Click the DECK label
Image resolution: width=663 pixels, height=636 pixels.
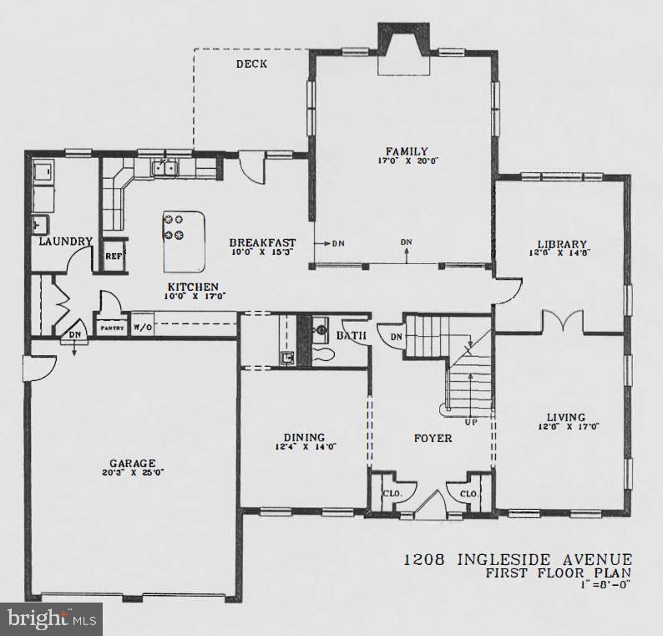click(251, 64)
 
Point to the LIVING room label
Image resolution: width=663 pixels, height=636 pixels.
click(565, 417)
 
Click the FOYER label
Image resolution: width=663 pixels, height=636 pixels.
click(433, 438)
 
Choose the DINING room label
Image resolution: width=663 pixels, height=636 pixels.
click(304, 436)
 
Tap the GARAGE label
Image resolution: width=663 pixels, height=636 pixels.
click(133, 463)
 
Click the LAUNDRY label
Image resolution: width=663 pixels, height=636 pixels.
click(65, 242)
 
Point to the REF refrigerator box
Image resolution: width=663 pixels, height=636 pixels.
click(114, 256)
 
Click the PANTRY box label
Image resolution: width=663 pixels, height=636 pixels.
click(113, 328)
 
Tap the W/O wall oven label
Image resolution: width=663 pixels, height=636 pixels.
click(143, 328)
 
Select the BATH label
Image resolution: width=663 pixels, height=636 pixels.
click(350, 336)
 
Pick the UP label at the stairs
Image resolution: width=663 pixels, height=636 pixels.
click(473, 422)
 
